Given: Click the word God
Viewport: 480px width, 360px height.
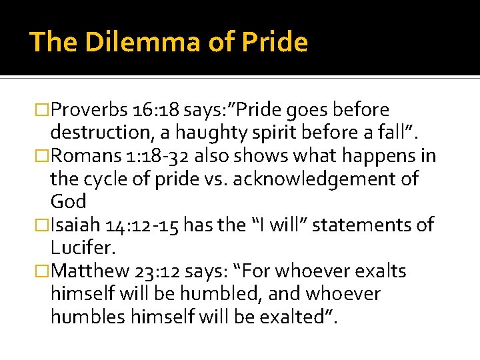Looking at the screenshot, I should [68, 202].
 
